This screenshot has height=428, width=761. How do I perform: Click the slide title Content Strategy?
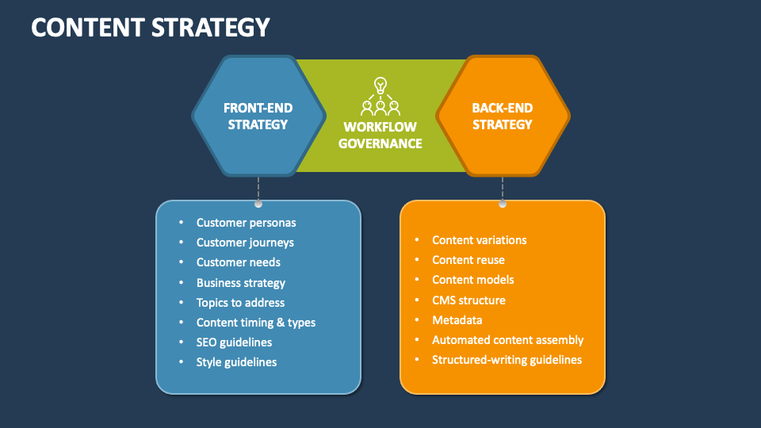[151, 27]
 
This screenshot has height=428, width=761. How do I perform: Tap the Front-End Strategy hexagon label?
[258, 116]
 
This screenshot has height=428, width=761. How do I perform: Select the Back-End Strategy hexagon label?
[503, 116]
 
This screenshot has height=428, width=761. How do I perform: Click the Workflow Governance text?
[380, 135]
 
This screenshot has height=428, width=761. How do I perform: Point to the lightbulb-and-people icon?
[380, 97]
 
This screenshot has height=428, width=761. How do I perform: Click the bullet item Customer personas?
[246, 223]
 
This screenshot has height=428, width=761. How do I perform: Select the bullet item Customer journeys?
[245, 243]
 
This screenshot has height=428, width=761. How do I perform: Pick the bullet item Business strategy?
[241, 283]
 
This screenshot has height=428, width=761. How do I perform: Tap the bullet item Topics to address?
[240, 303]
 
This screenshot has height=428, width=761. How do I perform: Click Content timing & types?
[256, 323]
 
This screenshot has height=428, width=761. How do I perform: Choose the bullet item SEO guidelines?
[234, 342]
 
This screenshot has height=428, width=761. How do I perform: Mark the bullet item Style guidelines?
[236, 362]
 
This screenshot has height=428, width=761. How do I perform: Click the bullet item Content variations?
[479, 240]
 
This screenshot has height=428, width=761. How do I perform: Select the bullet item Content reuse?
[468, 260]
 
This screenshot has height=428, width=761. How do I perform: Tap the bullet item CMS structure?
[468, 300]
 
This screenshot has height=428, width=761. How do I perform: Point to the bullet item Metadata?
[457, 320]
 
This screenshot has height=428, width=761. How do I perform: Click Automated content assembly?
[507, 340]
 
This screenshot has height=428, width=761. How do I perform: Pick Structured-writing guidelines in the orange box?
[507, 360]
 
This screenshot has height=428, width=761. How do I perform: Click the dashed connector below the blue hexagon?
[258, 189]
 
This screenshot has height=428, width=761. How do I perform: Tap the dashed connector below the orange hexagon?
[503, 189]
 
